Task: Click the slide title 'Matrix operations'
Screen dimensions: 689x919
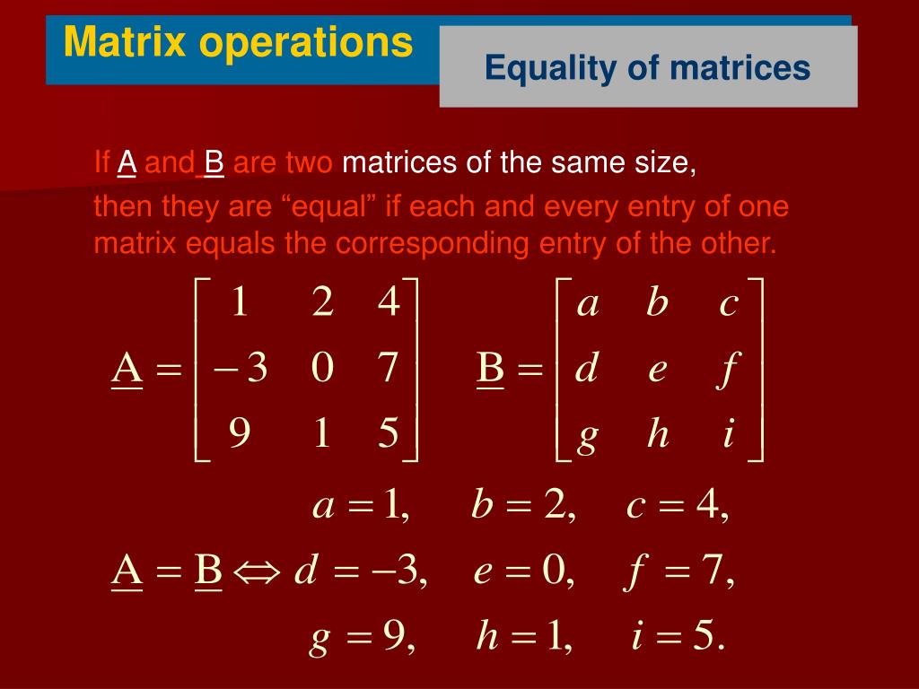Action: (238, 42)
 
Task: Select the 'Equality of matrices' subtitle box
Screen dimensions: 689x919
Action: (648, 67)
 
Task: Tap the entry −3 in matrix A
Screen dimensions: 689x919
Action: (241, 369)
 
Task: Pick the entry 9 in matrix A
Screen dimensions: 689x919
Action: (239, 434)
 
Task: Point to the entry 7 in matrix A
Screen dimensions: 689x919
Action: (388, 369)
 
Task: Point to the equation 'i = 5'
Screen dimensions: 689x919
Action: (678, 638)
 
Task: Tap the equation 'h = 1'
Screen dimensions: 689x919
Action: (524, 638)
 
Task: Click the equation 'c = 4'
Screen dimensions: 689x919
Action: (678, 507)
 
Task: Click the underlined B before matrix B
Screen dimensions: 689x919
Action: (490, 369)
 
